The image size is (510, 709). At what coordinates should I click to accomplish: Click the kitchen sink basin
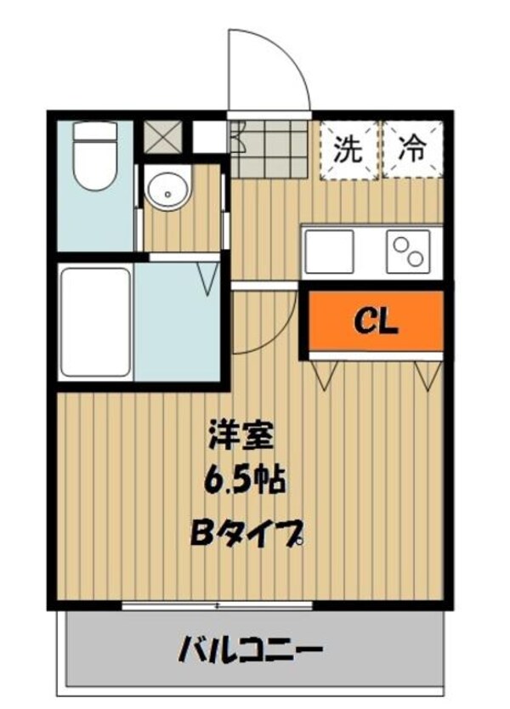coord(329,251)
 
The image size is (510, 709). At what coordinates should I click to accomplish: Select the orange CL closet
coord(376,320)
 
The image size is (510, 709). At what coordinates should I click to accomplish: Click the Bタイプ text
coord(246,535)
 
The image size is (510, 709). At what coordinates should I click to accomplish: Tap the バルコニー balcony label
coord(251,653)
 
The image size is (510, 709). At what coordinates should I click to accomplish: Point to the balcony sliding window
coord(218,605)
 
